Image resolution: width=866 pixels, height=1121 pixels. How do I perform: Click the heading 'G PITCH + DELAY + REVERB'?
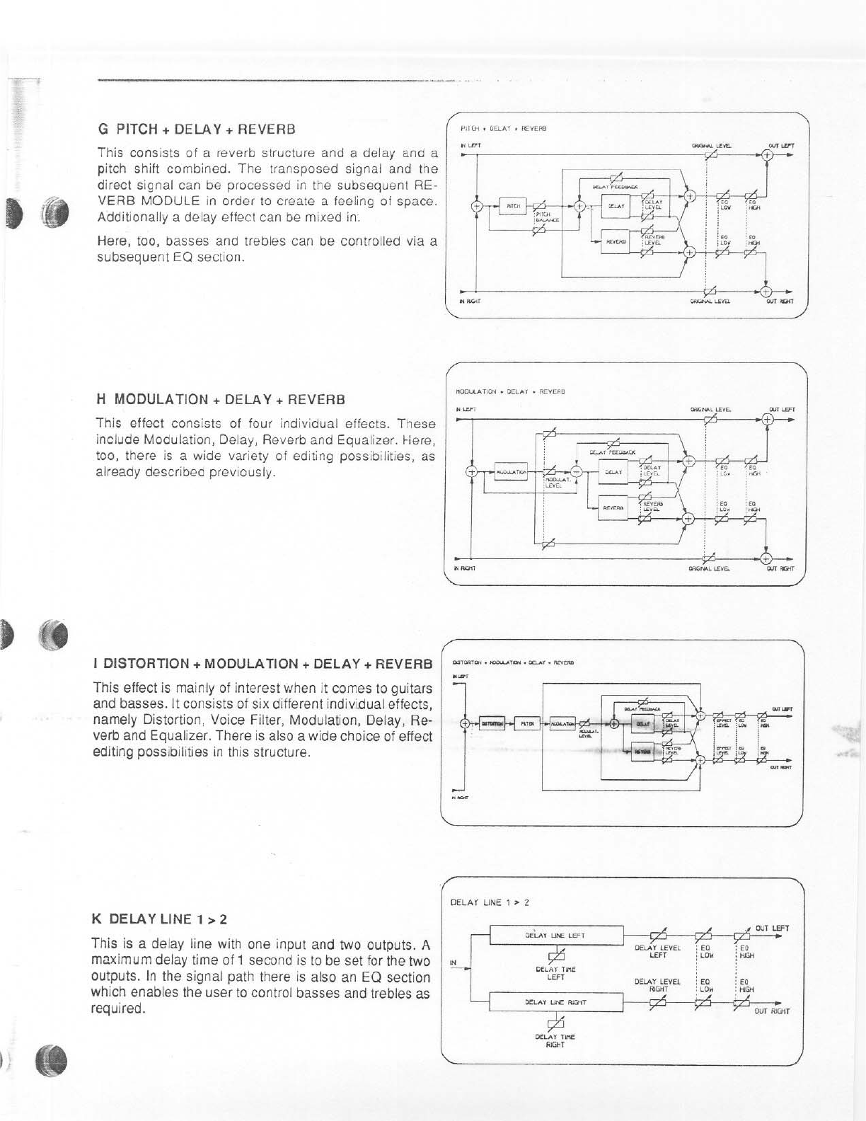click(x=196, y=130)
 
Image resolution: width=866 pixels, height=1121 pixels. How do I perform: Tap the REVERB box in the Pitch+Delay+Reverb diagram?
click(x=613, y=241)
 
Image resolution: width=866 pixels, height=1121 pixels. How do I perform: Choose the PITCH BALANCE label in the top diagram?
click(x=546, y=217)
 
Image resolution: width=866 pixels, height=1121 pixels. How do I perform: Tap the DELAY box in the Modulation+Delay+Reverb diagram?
click(x=613, y=472)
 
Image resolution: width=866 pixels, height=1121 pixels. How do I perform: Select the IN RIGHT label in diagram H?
click(x=464, y=568)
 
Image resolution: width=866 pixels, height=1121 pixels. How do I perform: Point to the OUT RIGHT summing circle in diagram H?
click(x=766, y=556)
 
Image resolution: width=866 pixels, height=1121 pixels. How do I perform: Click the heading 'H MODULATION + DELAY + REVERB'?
click(x=220, y=399)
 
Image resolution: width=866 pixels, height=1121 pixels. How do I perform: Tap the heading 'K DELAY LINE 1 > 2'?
click(x=158, y=919)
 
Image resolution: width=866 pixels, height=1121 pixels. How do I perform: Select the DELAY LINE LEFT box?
click(x=556, y=934)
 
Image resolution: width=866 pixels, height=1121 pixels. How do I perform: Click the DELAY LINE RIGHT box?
click(x=556, y=1002)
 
